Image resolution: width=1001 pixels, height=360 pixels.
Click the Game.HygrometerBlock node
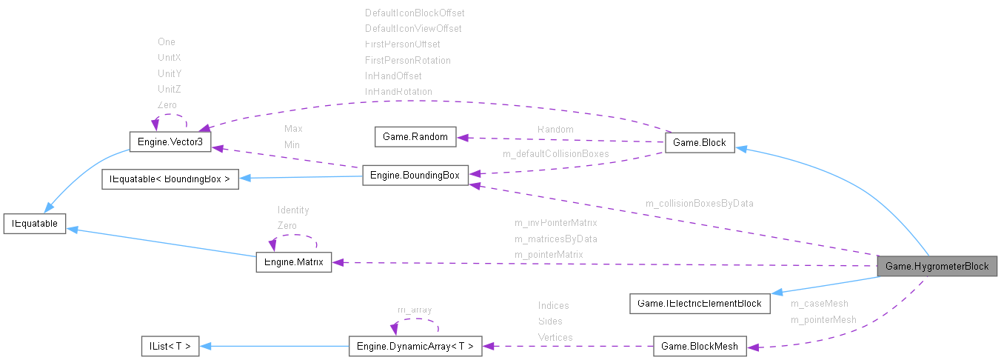coord(937,267)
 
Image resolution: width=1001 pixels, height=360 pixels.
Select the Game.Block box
coord(700,143)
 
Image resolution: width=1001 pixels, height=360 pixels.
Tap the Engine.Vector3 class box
coord(170,142)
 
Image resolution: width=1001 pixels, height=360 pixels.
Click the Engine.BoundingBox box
coord(415,176)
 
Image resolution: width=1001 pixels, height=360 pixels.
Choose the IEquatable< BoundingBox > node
coord(170,179)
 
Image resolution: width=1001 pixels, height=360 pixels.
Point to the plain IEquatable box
coord(35,222)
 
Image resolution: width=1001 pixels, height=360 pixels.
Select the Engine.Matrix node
coord(293,262)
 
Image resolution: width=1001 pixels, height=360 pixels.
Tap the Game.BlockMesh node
coord(700,346)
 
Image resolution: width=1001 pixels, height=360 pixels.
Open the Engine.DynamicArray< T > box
coord(415,346)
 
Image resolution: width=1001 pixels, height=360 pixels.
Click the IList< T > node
coord(170,346)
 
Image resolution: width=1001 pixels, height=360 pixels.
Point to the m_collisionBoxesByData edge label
coord(699,203)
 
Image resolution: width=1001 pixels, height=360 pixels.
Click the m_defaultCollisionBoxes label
coord(555,154)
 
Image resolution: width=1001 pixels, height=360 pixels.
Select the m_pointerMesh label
coord(823,320)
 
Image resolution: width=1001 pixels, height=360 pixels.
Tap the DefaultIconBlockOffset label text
coord(415,13)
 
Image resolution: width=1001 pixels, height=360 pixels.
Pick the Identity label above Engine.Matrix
coord(293,210)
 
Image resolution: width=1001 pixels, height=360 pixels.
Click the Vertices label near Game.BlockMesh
coord(555,337)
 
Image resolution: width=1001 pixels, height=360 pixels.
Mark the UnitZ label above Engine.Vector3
coord(170,89)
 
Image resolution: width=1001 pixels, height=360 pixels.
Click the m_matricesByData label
coord(555,239)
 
